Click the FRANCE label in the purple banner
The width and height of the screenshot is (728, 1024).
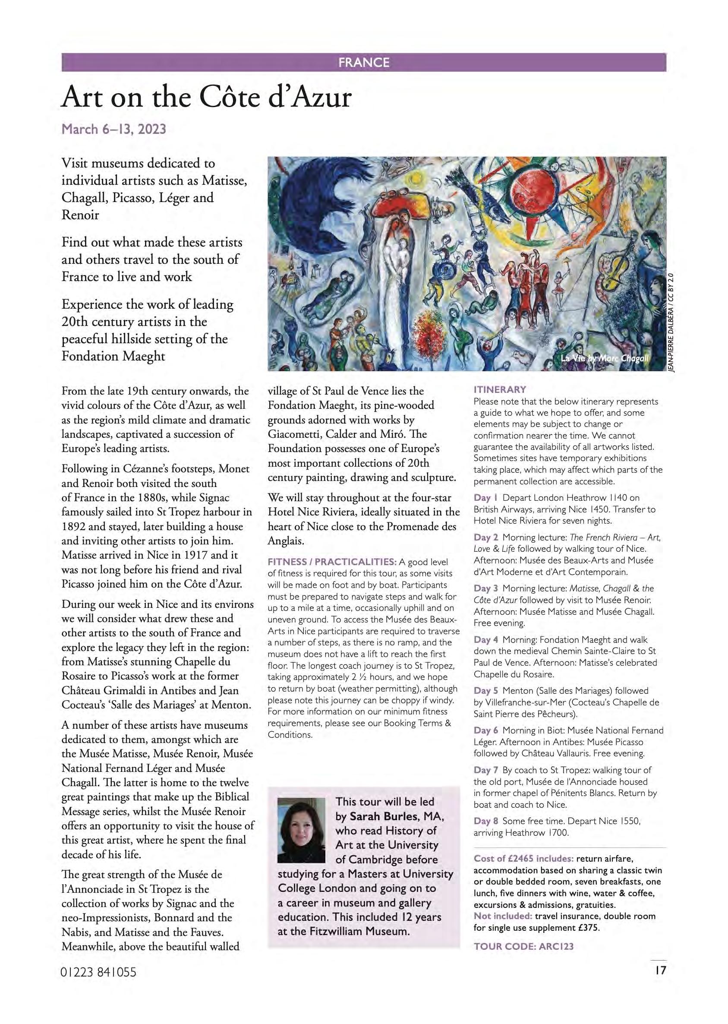[x=363, y=62]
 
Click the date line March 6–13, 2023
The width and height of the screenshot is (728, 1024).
[x=114, y=129]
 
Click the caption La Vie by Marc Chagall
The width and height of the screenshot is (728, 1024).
[x=605, y=358]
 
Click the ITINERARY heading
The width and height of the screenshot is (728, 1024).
[x=500, y=389]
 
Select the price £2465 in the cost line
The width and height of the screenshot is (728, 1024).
[x=520, y=859]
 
